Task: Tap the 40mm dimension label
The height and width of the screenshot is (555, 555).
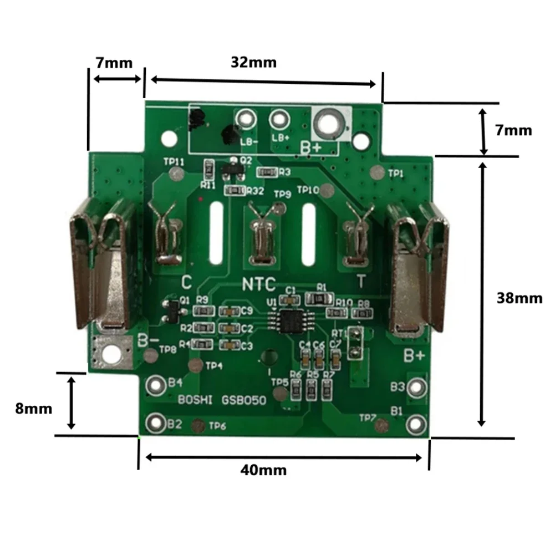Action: pyautogui.click(x=263, y=470)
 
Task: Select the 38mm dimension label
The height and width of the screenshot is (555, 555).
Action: pyautogui.click(x=520, y=298)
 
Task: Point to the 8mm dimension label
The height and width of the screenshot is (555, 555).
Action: pyautogui.click(x=34, y=409)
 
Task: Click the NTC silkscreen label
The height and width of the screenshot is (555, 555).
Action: pyautogui.click(x=258, y=284)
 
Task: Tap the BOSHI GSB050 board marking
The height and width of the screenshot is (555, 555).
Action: pyautogui.click(x=222, y=400)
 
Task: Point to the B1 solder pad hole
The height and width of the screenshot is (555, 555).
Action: pyautogui.click(x=415, y=424)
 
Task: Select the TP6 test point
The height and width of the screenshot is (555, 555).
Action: pyautogui.click(x=196, y=426)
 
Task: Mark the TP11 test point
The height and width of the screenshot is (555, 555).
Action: pyautogui.click(x=177, y=175)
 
